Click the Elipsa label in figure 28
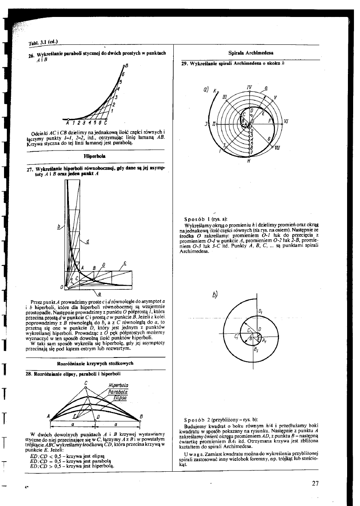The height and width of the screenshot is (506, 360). click(120, 397)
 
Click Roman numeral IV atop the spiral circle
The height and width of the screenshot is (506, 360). click(250, 87)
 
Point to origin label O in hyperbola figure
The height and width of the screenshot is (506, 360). click(61, 287)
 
